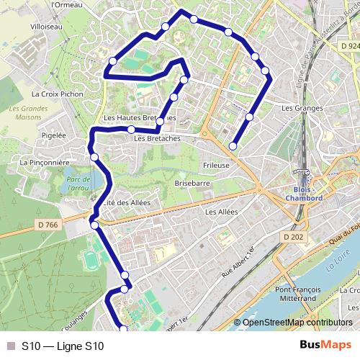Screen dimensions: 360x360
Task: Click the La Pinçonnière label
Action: coord(45,163)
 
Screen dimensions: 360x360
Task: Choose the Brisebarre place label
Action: coord(192,184)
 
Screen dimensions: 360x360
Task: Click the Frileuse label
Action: coord(216,165)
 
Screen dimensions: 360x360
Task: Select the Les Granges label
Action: coord(298,108)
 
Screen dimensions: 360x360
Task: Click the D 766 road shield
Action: coord(48,225)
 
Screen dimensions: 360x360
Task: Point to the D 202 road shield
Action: coord(294,237)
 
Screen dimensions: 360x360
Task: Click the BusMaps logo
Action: coord(325,346)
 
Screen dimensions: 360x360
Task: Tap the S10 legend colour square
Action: coord(10,346)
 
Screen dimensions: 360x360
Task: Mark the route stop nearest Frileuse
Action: coord(233,146)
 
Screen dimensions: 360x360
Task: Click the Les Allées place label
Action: coord(221,212)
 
